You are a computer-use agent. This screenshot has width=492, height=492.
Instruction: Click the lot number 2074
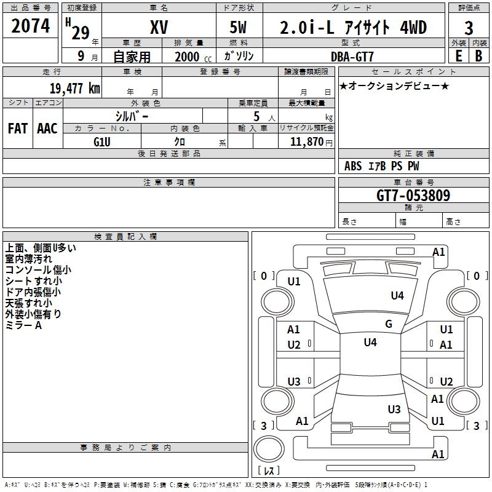pos(31,27)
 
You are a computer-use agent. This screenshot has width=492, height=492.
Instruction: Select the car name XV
pos(159,28)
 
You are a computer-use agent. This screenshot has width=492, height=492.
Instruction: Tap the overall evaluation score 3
pos(469,28)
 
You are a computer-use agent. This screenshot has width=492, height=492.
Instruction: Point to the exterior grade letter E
pos(458,55)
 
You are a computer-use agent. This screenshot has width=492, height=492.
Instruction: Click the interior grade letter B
pos(478,55)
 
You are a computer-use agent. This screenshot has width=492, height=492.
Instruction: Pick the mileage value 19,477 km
pos(75,88)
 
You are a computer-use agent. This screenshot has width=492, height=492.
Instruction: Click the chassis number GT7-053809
pos(413,196)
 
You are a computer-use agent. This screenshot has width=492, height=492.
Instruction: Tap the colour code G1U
pos(101,141)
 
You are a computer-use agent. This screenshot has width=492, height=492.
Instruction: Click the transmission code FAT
pos(17,129)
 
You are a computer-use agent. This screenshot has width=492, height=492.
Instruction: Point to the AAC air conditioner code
pos(47,129)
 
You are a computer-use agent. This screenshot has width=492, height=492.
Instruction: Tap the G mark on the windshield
pos(388,323)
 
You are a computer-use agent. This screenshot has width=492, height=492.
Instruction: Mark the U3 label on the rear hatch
pos(394,409)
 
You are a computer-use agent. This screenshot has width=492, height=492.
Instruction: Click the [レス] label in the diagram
pos(268,470)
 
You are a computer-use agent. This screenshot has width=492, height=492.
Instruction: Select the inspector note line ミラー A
pos(23,325)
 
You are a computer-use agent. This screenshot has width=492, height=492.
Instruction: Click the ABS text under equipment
pos(353,166)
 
